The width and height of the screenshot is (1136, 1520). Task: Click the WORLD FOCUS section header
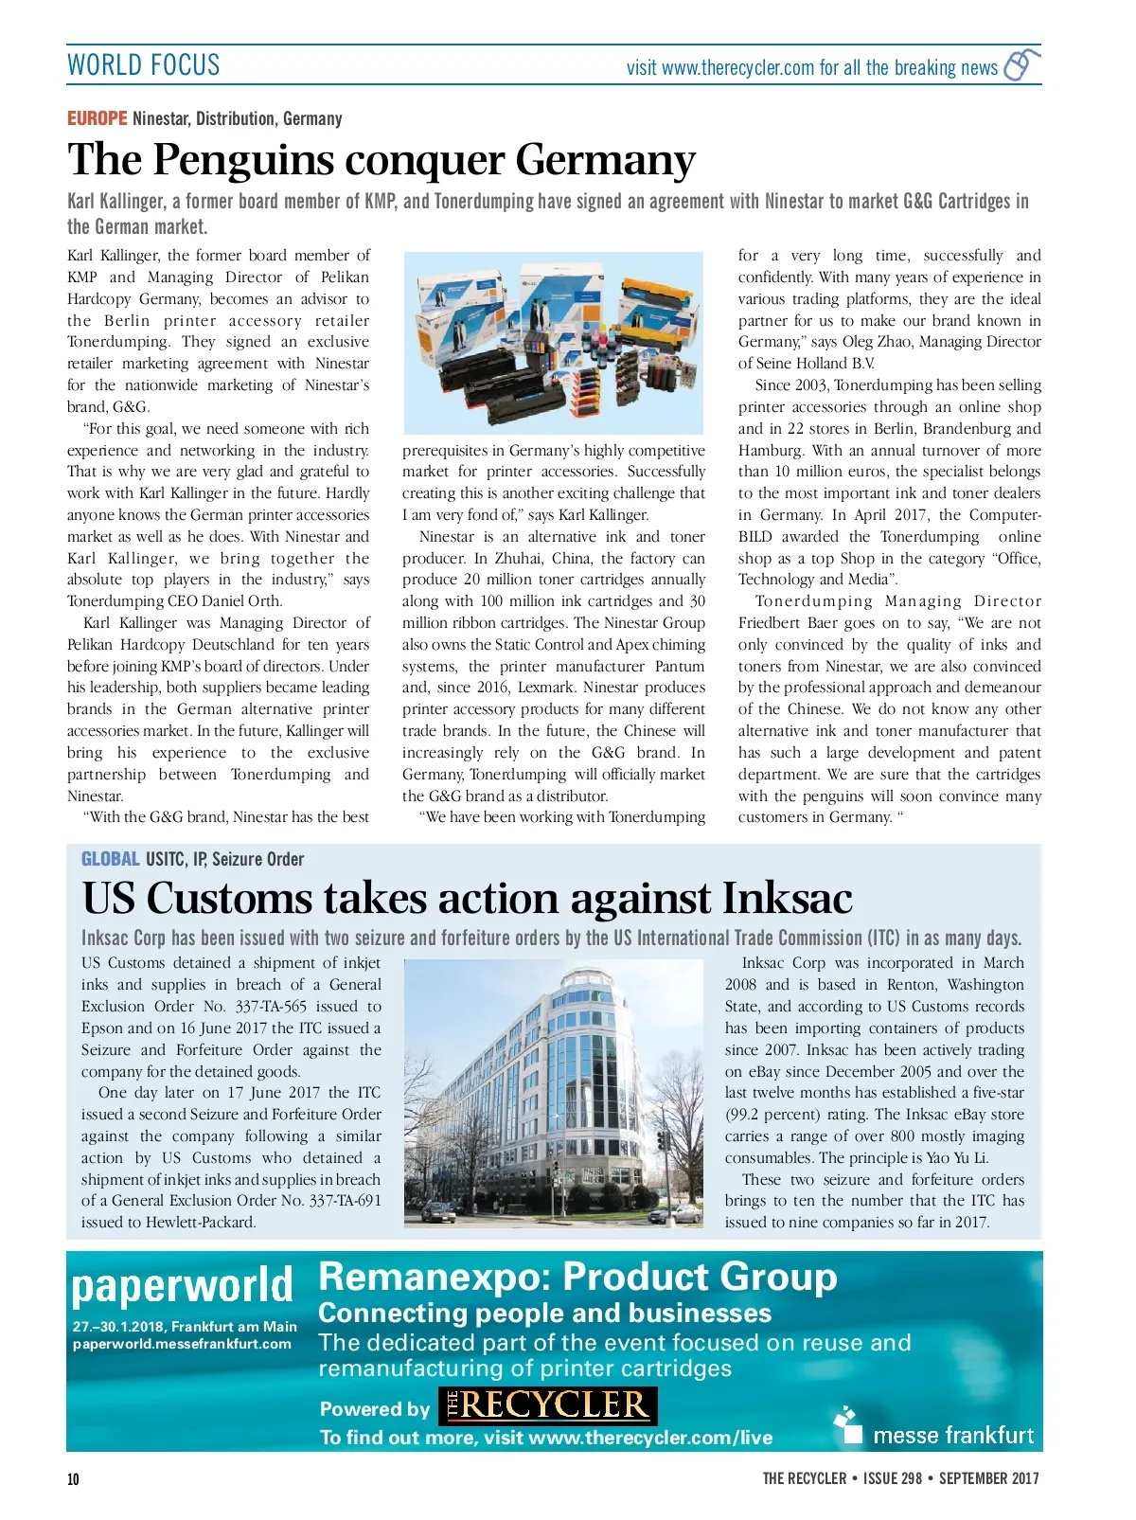click(x=143, y=65)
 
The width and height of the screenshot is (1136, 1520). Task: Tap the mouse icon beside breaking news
click(x=1020, y=65)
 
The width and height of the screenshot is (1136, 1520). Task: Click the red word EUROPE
click(x=97, y=118)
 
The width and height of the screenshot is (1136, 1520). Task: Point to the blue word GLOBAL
click(x=110, y=859)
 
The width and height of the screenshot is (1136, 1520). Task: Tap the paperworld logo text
click(x=182, y=1285)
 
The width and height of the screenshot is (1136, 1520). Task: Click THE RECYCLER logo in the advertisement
click(x=547, y=1405)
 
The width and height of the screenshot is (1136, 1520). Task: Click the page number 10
click(x=73, y=1479)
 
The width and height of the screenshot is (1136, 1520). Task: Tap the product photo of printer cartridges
click(x=554, y=342)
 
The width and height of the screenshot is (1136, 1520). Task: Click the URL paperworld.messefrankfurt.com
click(x=182, y=1344)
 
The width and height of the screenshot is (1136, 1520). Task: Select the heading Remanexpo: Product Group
click(x=577, y=1277)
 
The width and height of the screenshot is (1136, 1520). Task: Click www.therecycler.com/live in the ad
click(x=650, y=1438)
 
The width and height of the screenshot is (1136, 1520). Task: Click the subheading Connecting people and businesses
click(x=544, y=1314)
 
